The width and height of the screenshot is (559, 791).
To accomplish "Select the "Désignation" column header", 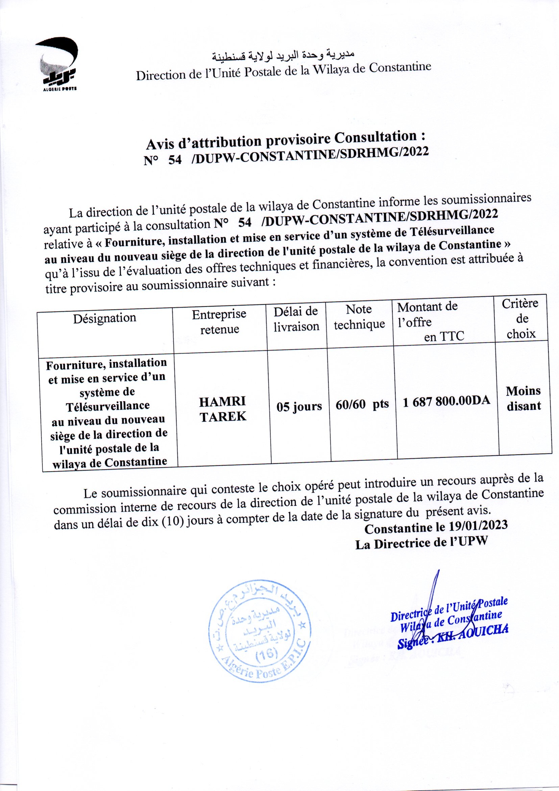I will (x=105, y=317).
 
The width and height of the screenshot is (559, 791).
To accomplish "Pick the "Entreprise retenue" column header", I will (x=219, y=321).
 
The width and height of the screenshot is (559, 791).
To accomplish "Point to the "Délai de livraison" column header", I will (x=296, y=319).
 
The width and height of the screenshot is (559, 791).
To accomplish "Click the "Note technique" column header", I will (x=359, y=317).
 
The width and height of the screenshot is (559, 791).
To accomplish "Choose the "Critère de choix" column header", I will (x=521, y=318).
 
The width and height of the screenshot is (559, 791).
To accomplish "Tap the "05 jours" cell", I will (x=299, y=407).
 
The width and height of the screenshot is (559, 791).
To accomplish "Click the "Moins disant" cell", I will (x=523, y=398).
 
